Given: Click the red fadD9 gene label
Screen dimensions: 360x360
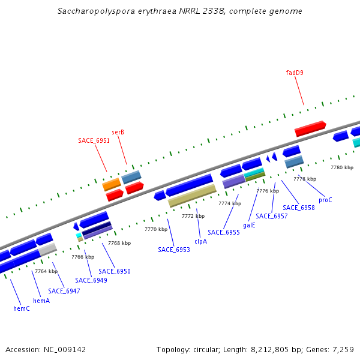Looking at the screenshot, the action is (x=295, y=73).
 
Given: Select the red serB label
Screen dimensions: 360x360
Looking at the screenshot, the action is (x=118, y=132).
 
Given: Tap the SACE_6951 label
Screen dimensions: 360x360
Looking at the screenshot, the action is (x=94, y=140).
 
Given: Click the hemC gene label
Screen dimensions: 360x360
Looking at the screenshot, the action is (x=22, y=308).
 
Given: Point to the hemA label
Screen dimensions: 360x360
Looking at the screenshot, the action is (x=41, y=301).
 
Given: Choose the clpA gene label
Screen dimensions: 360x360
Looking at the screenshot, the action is (x=200, y=241).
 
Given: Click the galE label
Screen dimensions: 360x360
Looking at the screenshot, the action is (x=249, y=225).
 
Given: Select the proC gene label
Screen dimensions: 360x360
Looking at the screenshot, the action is (x=325, y=200).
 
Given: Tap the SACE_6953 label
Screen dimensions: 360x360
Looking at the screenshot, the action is (x=174, y=250).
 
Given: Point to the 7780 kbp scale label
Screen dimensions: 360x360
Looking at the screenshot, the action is (x=342, y=167).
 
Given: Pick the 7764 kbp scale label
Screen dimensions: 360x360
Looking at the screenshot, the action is (x=46, y=271).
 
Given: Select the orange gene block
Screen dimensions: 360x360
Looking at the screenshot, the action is (x=112, y=185).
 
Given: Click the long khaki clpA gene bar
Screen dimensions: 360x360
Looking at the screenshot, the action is (x=192, y=196).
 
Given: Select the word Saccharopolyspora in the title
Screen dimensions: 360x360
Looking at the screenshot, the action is (x=93, y=11).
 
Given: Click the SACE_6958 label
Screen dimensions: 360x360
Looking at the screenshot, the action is (x=299, y=208).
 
